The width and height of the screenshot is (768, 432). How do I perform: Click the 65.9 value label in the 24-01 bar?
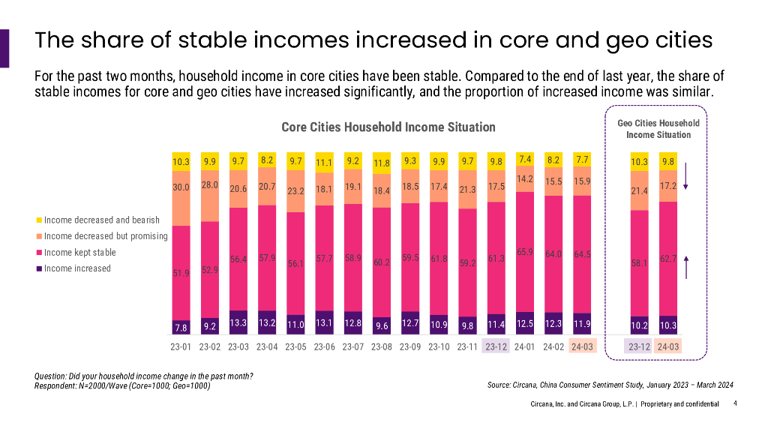[524, 252]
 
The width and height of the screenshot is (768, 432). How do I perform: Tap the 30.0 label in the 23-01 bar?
[181, 188]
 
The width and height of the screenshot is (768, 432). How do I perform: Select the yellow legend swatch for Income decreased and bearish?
[39, 220]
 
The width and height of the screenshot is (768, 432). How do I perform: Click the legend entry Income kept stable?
[79, 252]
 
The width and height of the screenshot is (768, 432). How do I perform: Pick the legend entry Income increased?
[76, 268]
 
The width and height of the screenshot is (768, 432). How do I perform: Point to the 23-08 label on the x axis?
[382, 347]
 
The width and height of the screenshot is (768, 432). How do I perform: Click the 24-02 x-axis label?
[553, 347]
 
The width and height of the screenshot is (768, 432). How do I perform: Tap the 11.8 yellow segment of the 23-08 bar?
[382, 163]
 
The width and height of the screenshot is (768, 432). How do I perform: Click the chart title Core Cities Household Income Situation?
[388, 127]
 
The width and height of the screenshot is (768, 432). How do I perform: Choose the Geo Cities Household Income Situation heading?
[658, 129]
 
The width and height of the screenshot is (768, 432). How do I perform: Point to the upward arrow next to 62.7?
[685, 268]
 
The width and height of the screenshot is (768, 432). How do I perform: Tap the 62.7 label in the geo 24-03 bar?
[667, 259]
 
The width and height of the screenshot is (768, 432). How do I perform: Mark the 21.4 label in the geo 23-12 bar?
[638, 191]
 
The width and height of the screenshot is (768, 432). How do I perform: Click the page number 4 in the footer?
[735, 403]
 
